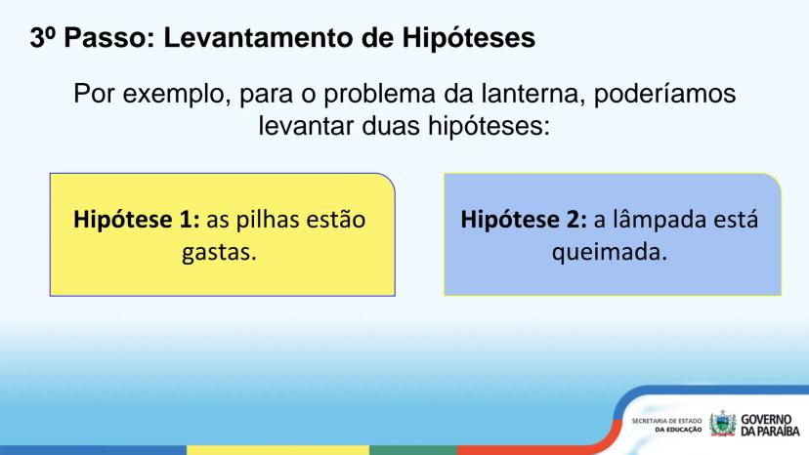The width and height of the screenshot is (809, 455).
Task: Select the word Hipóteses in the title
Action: tap(468, 39)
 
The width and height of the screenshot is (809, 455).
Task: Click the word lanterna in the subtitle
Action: tap(533, 94)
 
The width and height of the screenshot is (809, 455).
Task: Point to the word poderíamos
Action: tap(665, 95)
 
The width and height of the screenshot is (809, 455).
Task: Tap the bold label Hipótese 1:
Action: tap(136, 220)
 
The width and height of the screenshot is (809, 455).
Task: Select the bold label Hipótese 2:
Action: tap(524, 220)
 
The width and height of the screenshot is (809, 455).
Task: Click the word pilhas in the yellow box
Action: tap(268, 220)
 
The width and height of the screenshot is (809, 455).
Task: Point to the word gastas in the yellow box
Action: tap(219, 253)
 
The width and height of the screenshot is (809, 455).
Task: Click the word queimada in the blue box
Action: tap(610, 253)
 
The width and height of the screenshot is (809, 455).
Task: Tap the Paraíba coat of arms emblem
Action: tap(722, 424)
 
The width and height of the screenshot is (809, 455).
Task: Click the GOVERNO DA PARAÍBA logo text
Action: tap(770, 426)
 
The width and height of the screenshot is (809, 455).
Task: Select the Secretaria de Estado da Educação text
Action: tap(666, 426)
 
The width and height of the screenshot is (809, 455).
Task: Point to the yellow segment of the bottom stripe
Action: tap(277, 450)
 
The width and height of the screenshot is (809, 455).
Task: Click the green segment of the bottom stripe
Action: tap(413, 450)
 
